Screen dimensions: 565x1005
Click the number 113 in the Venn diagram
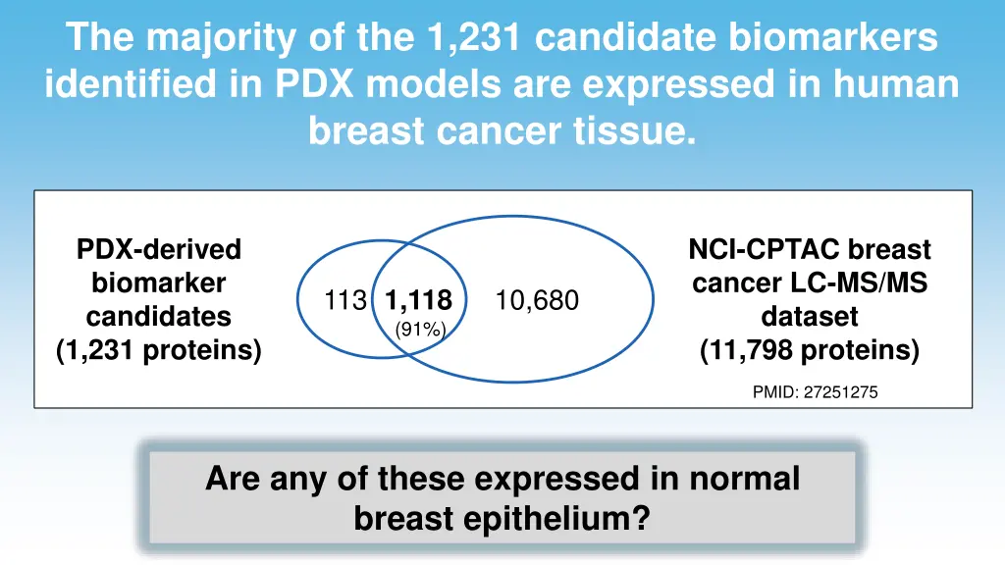click(x=345, y=301)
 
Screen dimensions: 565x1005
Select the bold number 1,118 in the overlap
click(x=419, y=301)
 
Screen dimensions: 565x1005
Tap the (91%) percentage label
click(x=420, y=330)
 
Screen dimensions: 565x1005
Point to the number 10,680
click(x=537, y=301)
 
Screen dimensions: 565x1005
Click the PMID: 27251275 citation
click(x=815, y=392)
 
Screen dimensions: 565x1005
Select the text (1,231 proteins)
click(x=159, y=350)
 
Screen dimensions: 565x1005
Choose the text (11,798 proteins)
click(x=810, y=350)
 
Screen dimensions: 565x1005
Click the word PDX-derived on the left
click(x=159, y=250)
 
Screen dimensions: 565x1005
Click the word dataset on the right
click(x=810, y=317)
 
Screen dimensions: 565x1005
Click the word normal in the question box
click(x=744, y=479)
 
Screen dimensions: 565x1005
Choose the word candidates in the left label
click(x=159, y=317)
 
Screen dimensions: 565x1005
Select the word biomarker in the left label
click(x=159, y=283)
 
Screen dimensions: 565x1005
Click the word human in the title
click(x=894, y=84)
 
